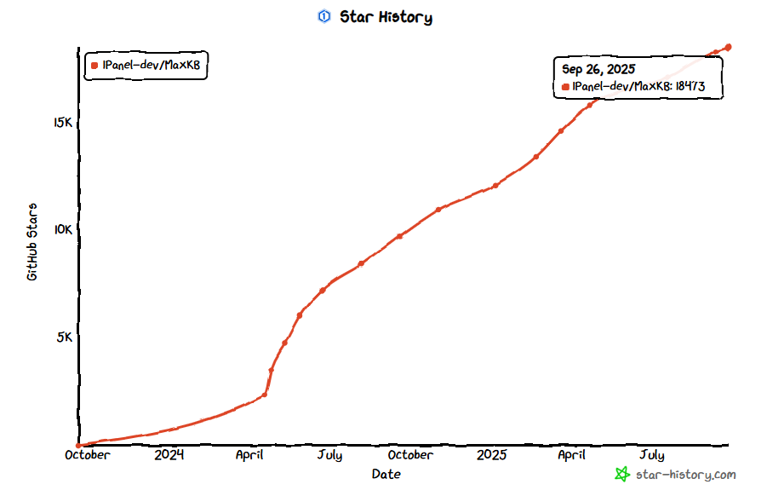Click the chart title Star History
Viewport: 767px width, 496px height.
coord(386,17)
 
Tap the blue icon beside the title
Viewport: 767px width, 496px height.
coord(323,17)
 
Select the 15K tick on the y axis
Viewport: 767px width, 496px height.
coord(63,123)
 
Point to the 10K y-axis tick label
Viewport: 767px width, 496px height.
coord(63,230)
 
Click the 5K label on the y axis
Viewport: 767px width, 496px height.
coord(66,337)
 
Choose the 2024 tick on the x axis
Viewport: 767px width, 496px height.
coord(169,455)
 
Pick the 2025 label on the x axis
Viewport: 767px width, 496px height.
coord(491,455)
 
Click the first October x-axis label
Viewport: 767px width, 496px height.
coord(87,455)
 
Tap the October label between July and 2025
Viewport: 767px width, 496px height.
coord(410,455)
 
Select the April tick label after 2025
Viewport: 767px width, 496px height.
coord(571,455)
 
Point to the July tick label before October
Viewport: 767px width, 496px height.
coord(329,455)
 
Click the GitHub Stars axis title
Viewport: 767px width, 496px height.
coord(32,242)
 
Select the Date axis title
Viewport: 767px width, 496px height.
coord(386,474)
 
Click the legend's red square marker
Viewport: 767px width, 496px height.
coord(94,66)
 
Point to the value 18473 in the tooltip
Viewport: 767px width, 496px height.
coord(690,87)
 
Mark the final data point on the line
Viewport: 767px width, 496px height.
coord(729,47)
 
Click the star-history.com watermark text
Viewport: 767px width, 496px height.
coord(685,475)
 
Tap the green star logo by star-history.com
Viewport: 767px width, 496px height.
coord(622,475)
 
